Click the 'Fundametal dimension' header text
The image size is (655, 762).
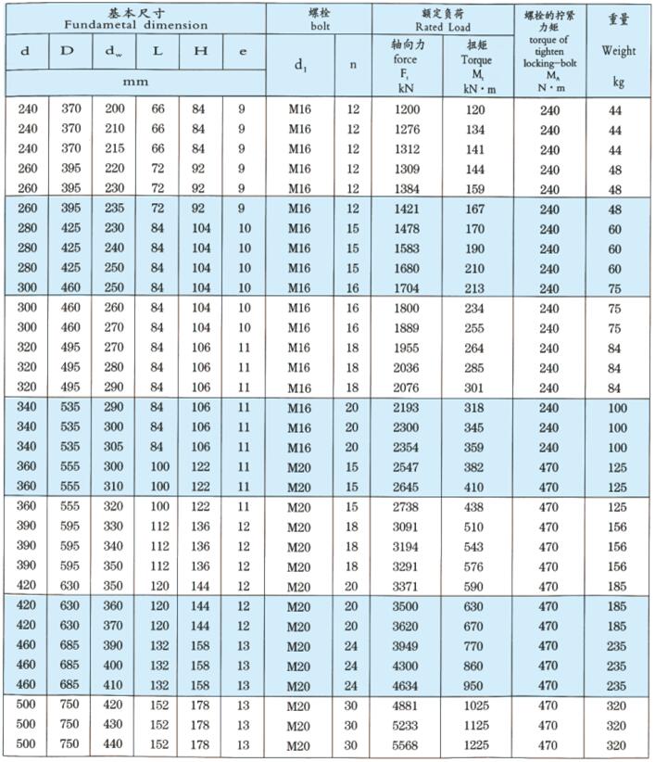tap(135, 26)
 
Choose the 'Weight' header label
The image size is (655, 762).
tap(619, 50)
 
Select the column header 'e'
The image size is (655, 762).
tap(243, 52)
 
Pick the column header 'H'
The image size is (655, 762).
tap(200, 52)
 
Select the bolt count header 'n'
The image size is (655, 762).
tap(353, 65)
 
